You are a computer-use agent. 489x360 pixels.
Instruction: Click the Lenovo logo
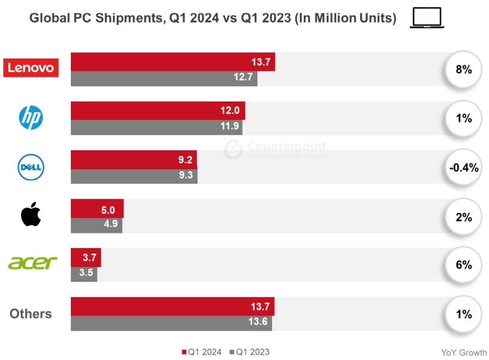click(x=31, y=68)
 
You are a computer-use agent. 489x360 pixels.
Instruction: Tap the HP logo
click(x=31, y=117)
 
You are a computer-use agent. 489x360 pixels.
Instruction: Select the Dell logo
click(x=31, y=167)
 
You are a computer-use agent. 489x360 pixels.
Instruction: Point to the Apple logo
click(x=31, y=215)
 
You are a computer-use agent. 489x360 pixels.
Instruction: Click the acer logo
click(x=32, y=263)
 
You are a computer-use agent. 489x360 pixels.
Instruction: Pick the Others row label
click(x=31, y=314)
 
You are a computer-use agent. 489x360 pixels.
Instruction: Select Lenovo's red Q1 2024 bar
click(x=173, y=62)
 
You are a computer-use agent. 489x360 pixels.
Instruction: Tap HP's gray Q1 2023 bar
click(x=156, y=127)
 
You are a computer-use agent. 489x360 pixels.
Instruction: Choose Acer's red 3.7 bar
click(x=86, y=257)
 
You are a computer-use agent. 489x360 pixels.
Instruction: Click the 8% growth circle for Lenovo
click(x=463, y=70)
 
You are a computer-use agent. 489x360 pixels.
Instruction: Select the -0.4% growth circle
click(x=463, y=167)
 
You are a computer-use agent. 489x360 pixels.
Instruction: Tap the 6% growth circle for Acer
click(x=463, y=265)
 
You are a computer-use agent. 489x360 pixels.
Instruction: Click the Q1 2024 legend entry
click(x=202, y=352)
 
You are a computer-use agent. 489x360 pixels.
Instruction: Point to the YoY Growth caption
click(x=464, y=353)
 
